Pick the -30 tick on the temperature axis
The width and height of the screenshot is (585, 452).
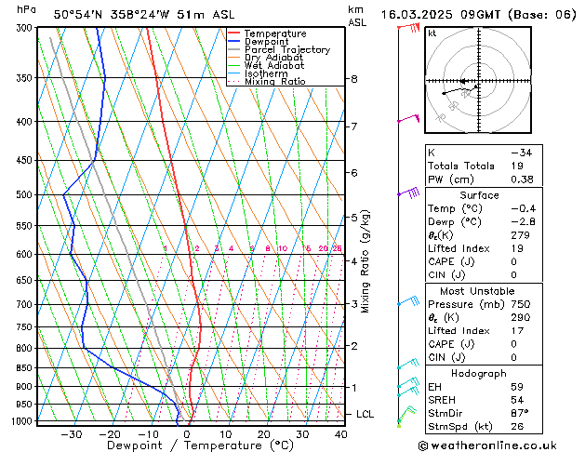[x=72, y=433]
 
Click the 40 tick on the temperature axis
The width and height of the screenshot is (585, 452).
[x=341, y=433]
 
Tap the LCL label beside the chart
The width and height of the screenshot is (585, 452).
[x=366, y=414]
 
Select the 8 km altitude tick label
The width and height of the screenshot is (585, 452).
[x=353, y=79]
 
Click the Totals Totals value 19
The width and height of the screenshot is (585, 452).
[x=516, y=165]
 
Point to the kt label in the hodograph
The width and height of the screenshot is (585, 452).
[x=432, y=33]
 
